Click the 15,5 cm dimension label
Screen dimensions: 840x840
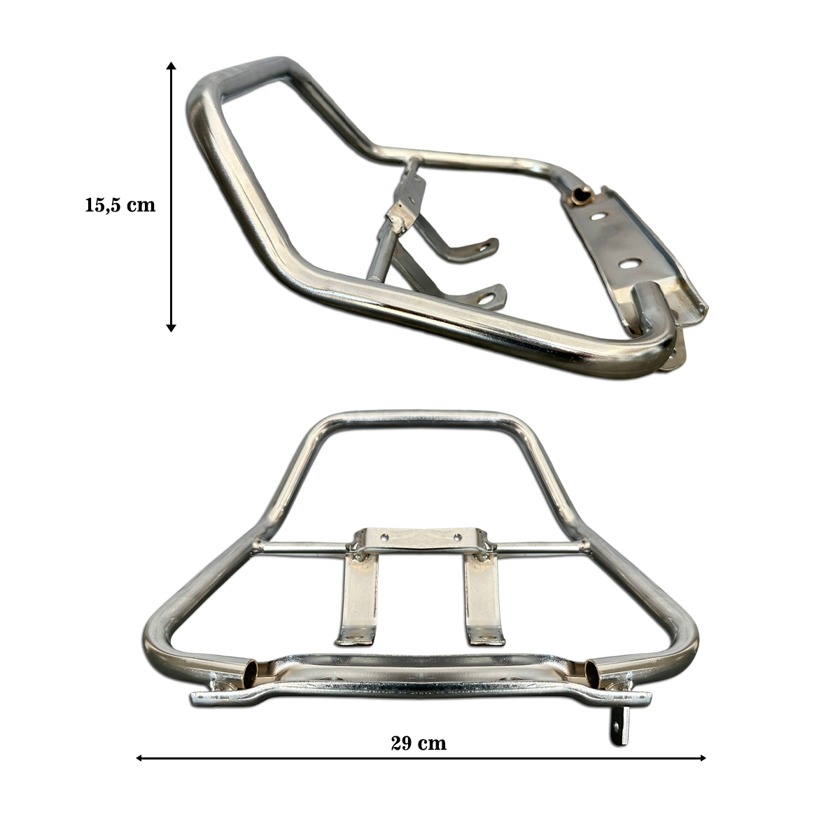tap(120, 205)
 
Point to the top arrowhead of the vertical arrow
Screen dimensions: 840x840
tap(171, 66)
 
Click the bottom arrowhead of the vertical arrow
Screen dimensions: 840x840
tap(171, 328)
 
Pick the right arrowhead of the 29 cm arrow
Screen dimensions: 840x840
tap(702, 770)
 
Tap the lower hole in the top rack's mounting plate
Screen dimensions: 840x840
tap(629, 263)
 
